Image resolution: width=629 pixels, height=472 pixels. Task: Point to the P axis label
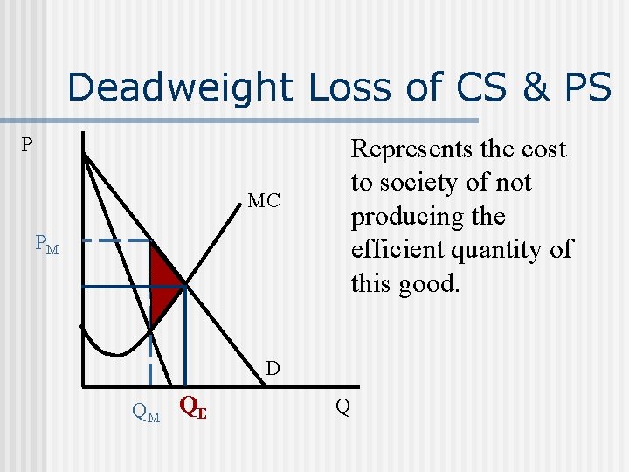[x=28, y=145]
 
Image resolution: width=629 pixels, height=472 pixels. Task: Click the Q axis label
[x=342, y=407]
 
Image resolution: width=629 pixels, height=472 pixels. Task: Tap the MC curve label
[x=264, y=202]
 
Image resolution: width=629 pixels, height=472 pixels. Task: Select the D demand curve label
[x=273, y=369]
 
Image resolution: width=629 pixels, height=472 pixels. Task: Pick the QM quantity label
[x=145, y=410]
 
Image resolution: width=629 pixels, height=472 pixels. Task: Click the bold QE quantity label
[x=192, y=406]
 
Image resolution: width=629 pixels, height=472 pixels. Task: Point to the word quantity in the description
[x=504, y=250]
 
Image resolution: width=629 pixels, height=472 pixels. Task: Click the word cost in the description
[x=543, y=149]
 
